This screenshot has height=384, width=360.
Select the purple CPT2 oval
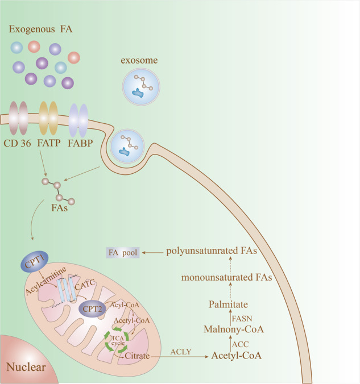tap(92, 308)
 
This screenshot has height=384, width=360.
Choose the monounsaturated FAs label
tap(224, 277)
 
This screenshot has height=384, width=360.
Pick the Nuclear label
tap(25, 367)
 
